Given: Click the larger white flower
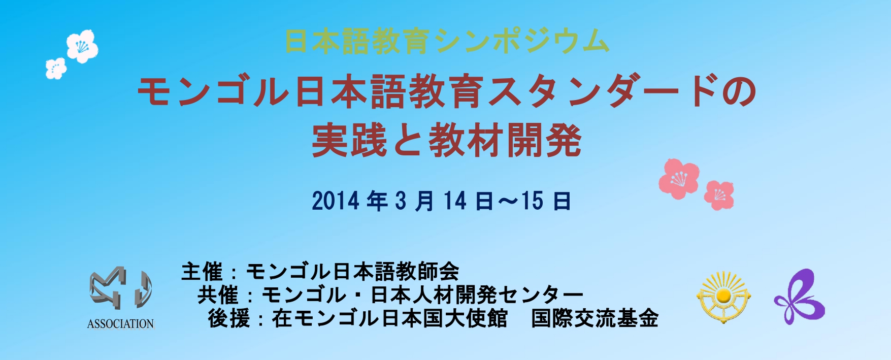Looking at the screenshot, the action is [82, 46].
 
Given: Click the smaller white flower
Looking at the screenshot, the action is [56, 69].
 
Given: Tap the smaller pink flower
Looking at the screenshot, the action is [719, 195].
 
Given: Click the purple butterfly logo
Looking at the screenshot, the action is [799, 298].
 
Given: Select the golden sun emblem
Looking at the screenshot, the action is [724, 298].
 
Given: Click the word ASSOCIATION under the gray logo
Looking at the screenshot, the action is [120, 324].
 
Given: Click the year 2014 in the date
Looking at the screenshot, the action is [336, 201].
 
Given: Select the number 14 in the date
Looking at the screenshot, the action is [455, 201].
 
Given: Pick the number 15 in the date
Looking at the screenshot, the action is [532, 201].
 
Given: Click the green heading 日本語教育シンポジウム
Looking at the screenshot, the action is [447, 41].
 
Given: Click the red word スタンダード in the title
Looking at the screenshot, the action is [602, 91].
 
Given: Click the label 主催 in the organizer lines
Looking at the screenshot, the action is [202, 272].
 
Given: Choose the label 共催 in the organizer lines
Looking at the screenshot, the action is [218, 294].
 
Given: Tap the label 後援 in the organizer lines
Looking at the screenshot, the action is [229, 318].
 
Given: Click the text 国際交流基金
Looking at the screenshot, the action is [595, 318].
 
